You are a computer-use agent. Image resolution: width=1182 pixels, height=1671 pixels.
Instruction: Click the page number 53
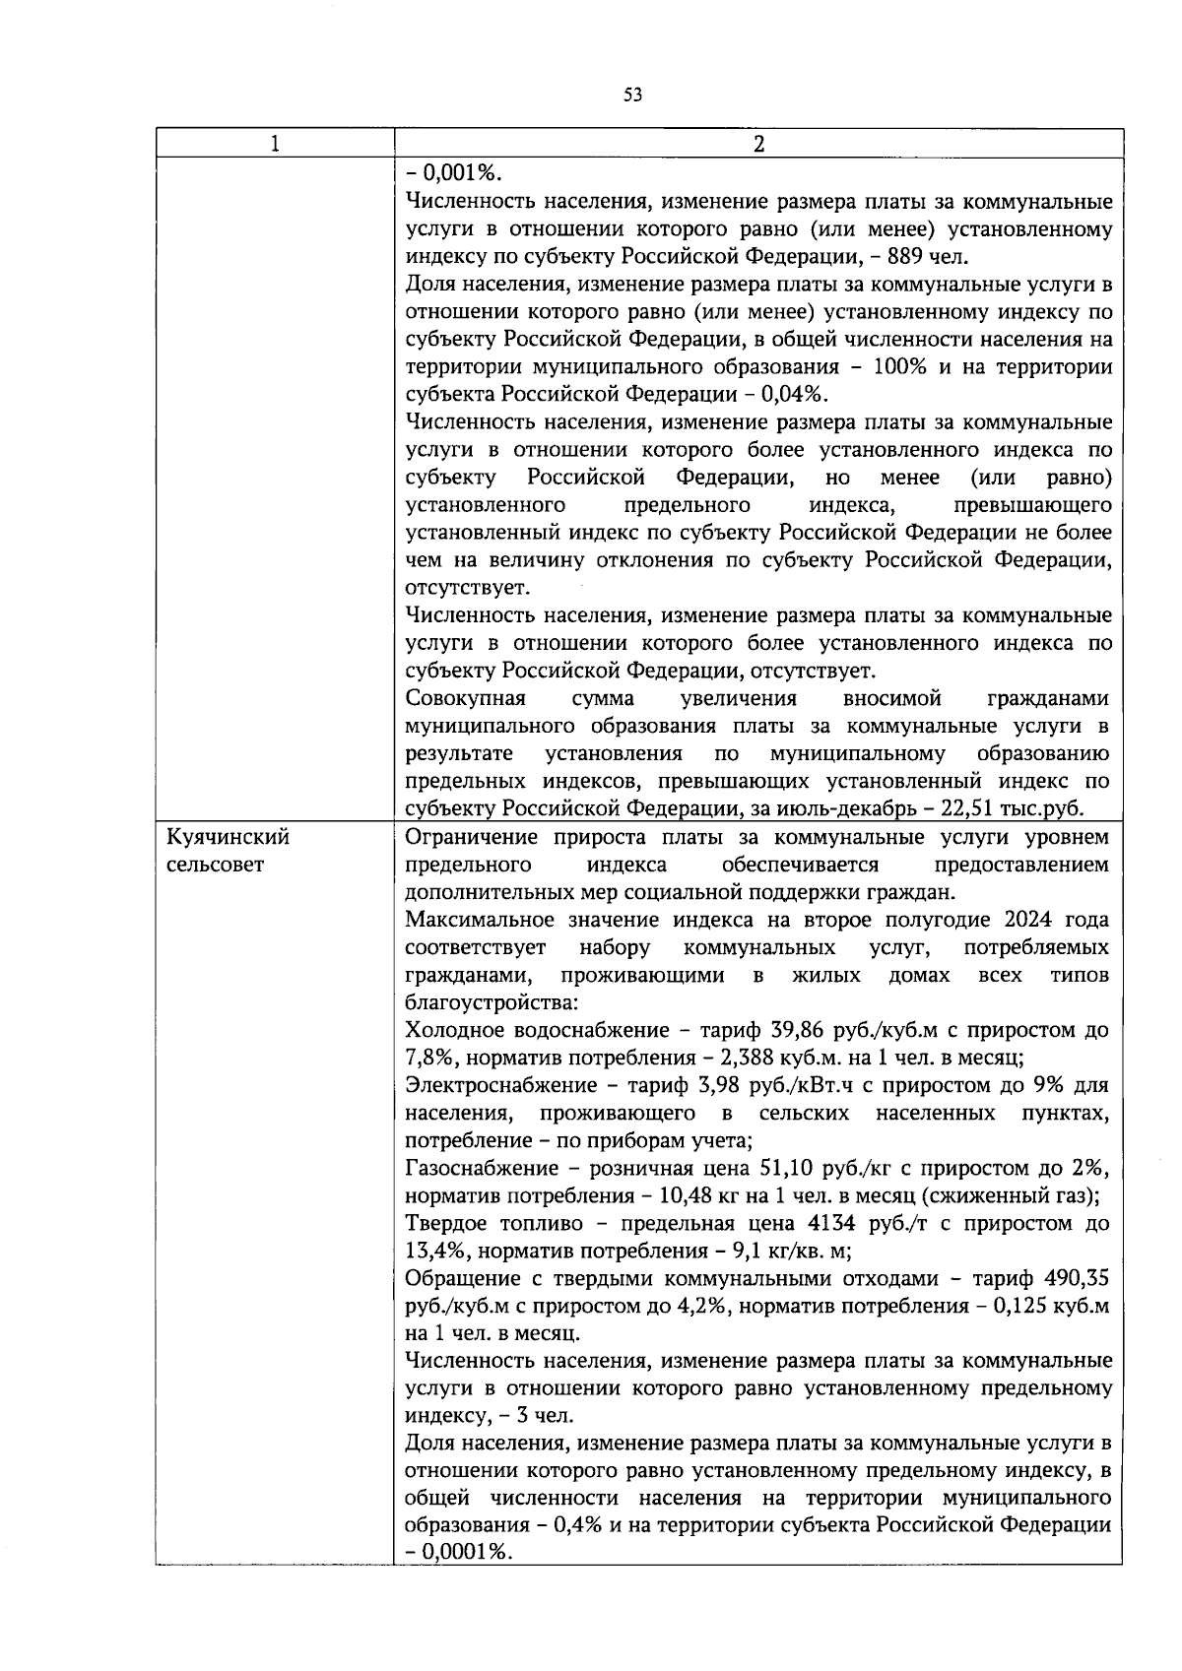[632, 96]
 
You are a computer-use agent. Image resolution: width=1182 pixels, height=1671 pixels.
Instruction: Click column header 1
[275, 144]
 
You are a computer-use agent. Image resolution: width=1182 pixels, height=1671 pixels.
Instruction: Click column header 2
[757, 144]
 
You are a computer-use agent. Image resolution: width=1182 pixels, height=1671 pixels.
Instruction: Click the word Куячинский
[229, 838]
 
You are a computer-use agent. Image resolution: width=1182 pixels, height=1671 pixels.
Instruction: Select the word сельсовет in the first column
[216, 866]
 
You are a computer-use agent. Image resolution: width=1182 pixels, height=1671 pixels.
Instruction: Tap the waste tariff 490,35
[1078, 1279]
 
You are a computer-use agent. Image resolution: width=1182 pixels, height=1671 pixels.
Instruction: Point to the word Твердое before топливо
[448, 1224]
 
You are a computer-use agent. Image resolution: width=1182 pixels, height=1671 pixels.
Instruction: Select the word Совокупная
[466, 699]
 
